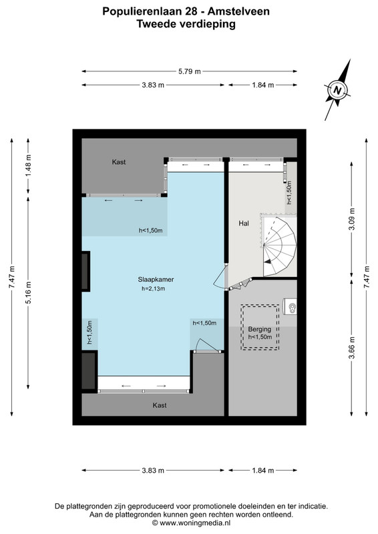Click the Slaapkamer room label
(x=156, y=280)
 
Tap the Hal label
(x=244, y=224)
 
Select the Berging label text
(x=260, y=329)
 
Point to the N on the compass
(x=337, y=90)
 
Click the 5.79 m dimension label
(x=190, y=71)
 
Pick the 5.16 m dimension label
(x=28, y=293)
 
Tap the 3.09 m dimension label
(x=352, y=220)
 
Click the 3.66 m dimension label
(x=352, y=348)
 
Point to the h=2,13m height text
(x=154, y=289)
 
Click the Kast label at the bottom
(x=160, y=405)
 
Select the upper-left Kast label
(x=119, y=162)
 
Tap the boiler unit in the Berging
(x=291, y=307)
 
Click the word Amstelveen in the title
(x=238, y=11)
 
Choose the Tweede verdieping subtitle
(x=186, y=24)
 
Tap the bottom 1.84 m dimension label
(x=263, y=471)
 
